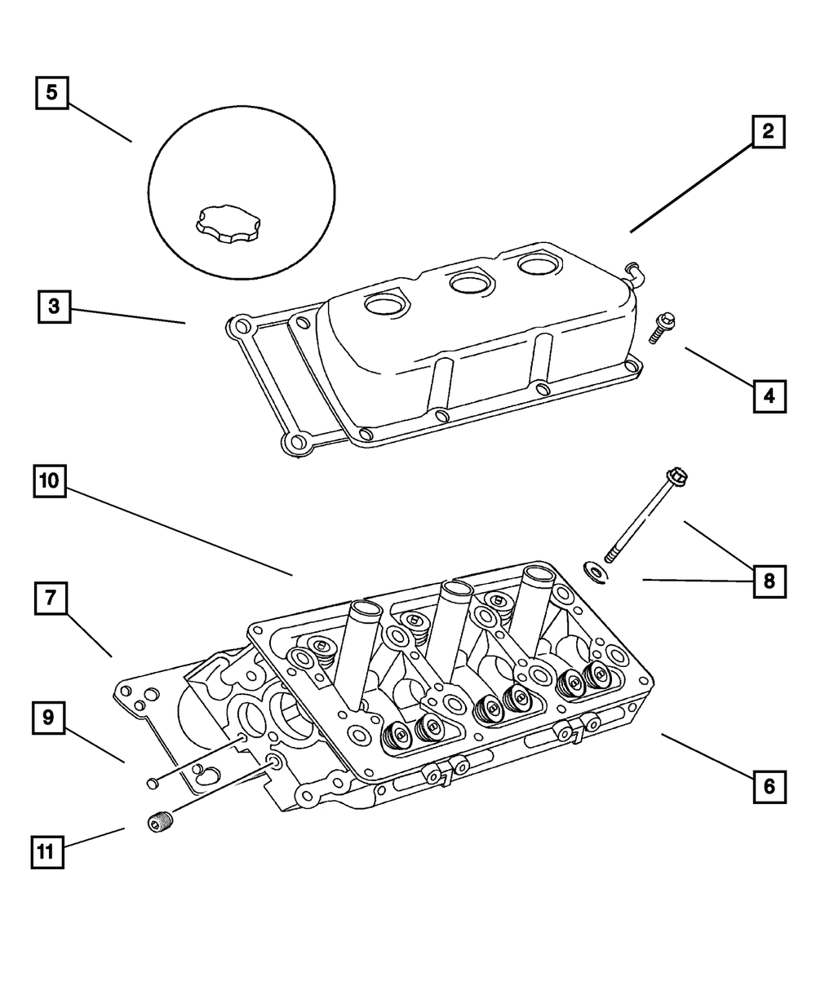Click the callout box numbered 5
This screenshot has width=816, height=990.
(x=51, y=92)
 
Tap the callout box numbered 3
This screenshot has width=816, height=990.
(x=54, y=307)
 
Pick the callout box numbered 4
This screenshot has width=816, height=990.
(x=769, y=397)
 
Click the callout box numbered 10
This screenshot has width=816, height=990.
(x=50, y=481)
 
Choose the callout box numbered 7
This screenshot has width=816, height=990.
(x=51, y=599)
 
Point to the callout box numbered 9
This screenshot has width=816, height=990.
(x=48, y=718)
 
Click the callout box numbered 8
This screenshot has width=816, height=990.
(x=769, y=581)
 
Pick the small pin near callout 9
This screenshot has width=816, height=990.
(x=151, y=784)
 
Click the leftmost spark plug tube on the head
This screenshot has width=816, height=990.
(x=356, y=652)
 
